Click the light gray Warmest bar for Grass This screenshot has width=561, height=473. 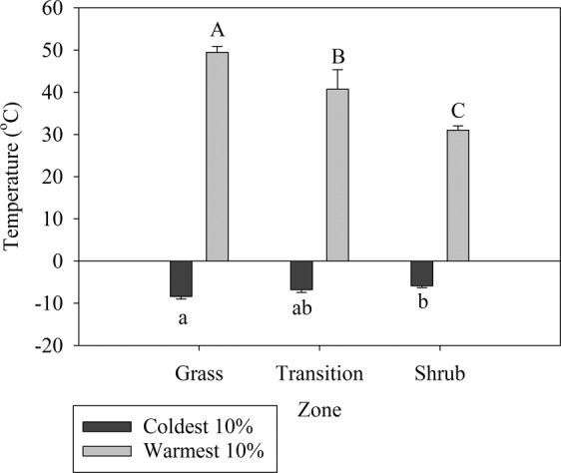(217, 157)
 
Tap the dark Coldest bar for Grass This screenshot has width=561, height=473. (181, 278)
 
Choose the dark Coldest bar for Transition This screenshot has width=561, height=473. (301, 275)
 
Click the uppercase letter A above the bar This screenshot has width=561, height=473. (217, 31)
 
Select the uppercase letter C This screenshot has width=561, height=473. (458, 111)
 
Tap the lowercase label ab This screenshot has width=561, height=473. (301, 309)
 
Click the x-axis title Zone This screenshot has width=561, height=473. (318, 409)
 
